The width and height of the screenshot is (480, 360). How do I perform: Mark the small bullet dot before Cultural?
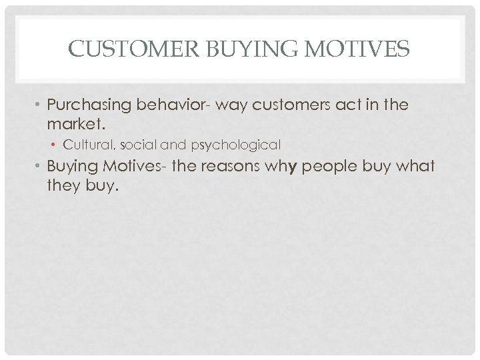pos(73,145)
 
